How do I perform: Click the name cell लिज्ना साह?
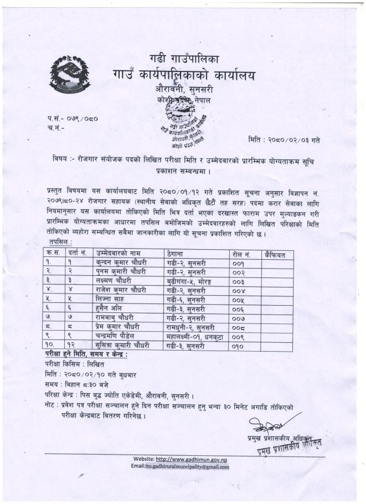[110, 299]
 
